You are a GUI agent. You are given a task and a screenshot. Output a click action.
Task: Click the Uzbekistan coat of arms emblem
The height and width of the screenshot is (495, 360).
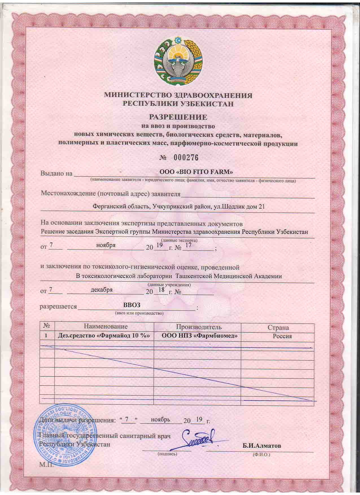(x=178, y=60)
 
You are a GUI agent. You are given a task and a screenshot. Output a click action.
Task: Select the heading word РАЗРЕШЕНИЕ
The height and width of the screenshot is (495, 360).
(x=178, y=117)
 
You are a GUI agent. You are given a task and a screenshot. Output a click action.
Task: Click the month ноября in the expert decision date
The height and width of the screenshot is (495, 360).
(x=106, y=245)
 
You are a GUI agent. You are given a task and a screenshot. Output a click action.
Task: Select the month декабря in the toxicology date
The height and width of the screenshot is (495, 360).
(x=102, y=290)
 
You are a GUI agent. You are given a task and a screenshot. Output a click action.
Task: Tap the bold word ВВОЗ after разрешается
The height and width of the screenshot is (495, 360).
(x=132, y=305)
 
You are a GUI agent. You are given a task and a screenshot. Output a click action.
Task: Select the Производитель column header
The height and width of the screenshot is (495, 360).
(x=199, y=327)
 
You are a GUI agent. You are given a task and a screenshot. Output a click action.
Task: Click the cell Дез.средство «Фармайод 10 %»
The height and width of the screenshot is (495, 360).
(x=104, y=336)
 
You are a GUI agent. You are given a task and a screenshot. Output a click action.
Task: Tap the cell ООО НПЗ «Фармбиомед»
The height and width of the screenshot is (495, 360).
(x=199, y=336)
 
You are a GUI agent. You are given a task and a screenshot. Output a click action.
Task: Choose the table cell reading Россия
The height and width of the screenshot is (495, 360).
(x=282, y=336)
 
